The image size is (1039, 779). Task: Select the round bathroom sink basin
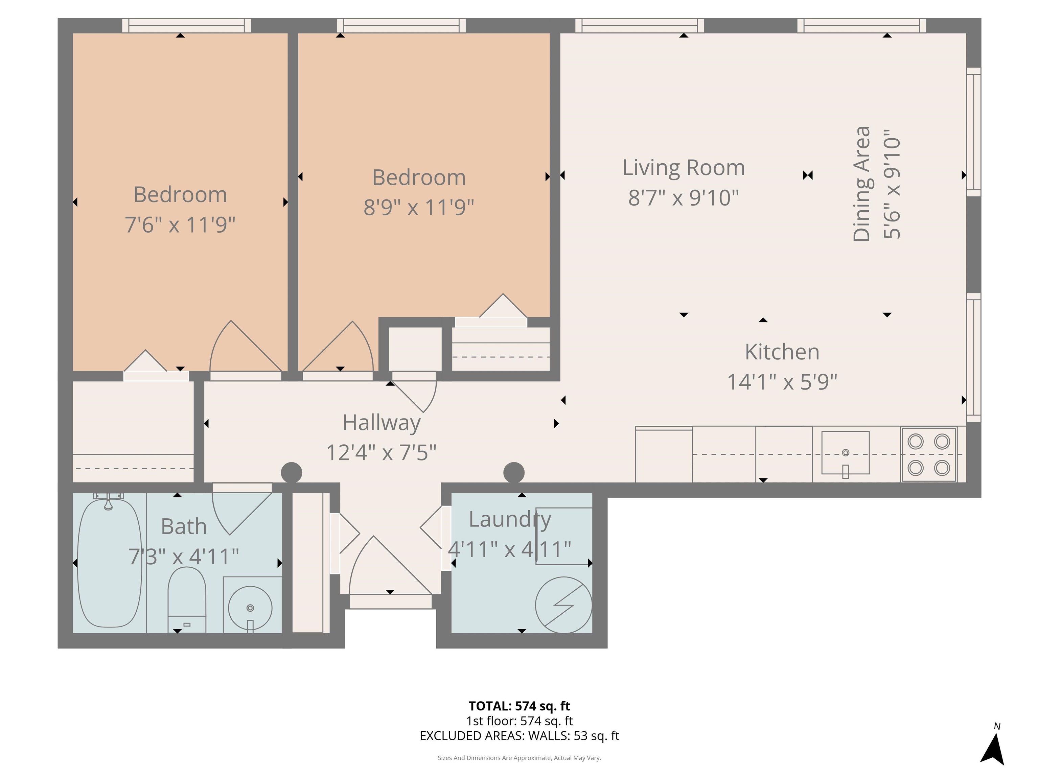pyautogui.click(x=250, y=608)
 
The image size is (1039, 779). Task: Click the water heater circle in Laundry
pyautogui.click(x=564, y=605)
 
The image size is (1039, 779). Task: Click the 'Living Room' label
pyautogui.click(x=684, y=168)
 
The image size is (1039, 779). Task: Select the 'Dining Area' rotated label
pyautogui.click(x=862, y=184)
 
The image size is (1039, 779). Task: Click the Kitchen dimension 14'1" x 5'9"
pyautogui.click(x=782, y=382)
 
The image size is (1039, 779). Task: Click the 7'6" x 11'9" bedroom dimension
pyautogui.click(x=180, y=225)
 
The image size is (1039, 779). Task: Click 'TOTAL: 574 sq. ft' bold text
pyautogui.click(x=519, y=706)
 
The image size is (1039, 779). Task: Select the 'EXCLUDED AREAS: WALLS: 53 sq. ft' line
pyautogui.click(x=519, y=736)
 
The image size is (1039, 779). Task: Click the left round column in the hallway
pyautogui.click(x=291, y=472)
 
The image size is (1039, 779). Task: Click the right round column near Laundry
pyautogui.click(x=513, y=472)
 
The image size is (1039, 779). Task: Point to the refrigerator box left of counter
pyautogui.click(x=663, y=454)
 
